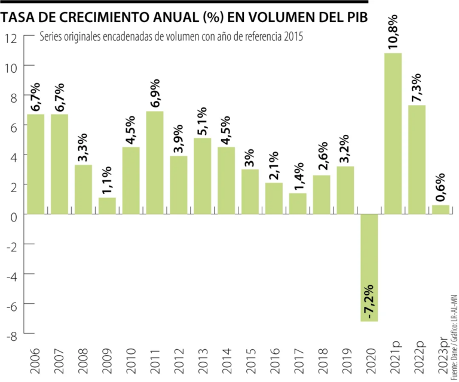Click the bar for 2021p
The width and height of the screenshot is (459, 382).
(393, 134)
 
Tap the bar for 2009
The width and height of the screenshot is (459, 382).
(107, 206)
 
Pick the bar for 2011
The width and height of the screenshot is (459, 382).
(155, 162)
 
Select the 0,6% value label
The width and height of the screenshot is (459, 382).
(441, 185)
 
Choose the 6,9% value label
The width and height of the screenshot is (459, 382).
(155, 93)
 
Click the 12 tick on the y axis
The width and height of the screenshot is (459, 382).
(11, 37)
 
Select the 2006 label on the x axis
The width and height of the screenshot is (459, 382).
(36, 357)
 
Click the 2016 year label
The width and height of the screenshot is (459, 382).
(274, 357)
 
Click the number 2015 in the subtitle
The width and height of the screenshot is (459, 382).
(293, 37)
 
